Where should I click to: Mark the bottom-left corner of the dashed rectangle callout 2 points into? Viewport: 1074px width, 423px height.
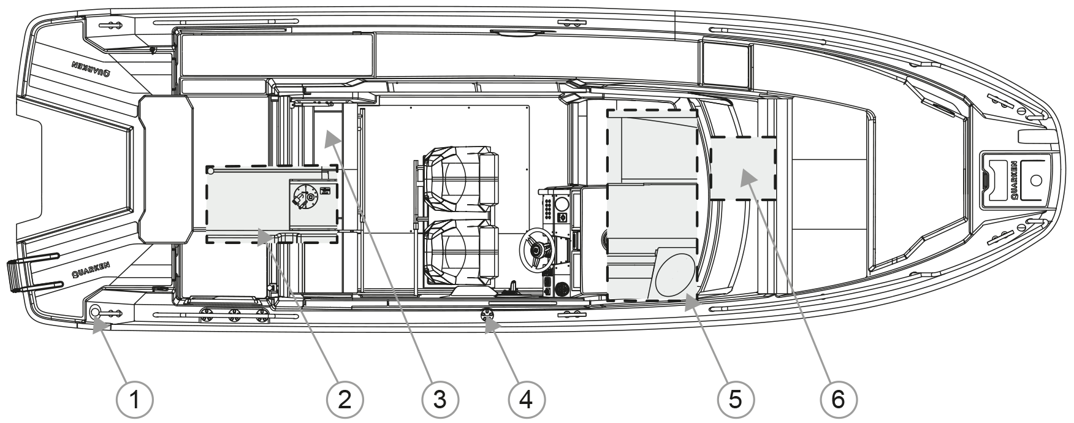207,243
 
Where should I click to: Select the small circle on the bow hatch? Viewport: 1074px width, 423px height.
1036,180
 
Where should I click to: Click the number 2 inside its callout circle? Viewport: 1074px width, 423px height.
345,400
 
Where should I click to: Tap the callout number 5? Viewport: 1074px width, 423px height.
736,400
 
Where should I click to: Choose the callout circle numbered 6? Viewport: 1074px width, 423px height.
838,400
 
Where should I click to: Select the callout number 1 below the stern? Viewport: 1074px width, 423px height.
134,400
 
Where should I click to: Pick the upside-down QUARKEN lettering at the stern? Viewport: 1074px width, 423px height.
91,68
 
